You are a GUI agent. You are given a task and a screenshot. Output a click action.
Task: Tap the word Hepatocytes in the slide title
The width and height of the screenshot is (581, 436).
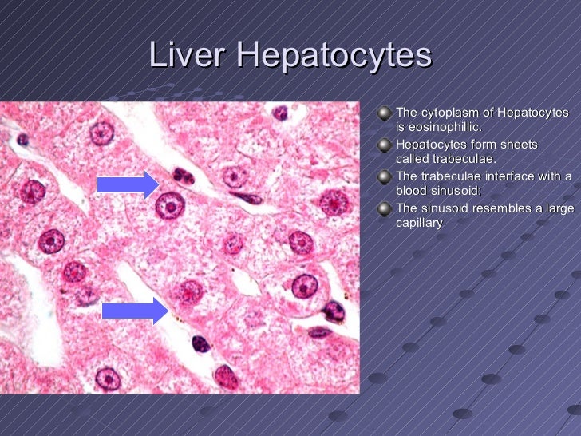pyautogui.click(x=334, y=57)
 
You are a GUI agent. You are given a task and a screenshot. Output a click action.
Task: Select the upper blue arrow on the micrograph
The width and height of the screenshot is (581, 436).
pyautogui.click(x=128, y=185)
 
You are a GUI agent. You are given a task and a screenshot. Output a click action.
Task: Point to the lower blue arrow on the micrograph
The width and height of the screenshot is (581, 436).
pyautogui.click(x=136, y=309)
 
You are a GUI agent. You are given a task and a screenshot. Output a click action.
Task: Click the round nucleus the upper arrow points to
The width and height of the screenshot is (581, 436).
pyautogui.click(x=170, y=206)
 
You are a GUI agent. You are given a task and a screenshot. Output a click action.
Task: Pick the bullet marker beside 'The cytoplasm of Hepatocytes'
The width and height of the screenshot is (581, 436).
pyautogui.click(x=385, y=113)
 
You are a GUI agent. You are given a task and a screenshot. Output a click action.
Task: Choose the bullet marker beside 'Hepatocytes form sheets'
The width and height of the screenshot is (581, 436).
pyautogui.click(x=385, y=145)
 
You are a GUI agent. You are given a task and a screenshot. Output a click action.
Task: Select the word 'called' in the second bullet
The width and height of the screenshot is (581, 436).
pyautogui.click(x=413, y=160)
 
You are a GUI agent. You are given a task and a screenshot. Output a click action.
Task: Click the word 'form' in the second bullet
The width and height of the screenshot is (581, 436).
pyautogui.click(x=481, y=145)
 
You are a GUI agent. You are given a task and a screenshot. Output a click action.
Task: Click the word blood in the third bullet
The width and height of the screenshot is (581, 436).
pyautogui.click(x=412, y=192)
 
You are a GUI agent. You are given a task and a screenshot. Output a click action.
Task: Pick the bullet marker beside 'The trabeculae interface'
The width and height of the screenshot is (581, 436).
pyautogui.click(x=385, y=177)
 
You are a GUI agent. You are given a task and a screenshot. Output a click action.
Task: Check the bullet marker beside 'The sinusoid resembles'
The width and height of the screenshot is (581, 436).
pyautogui.click(x=385, y=209)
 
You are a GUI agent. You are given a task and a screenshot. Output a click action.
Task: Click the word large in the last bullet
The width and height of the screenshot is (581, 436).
pyautogui.click(x=556, y=209)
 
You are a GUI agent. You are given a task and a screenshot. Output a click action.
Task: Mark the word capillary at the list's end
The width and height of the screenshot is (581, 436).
pyautogui.click(x=418, y=224)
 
